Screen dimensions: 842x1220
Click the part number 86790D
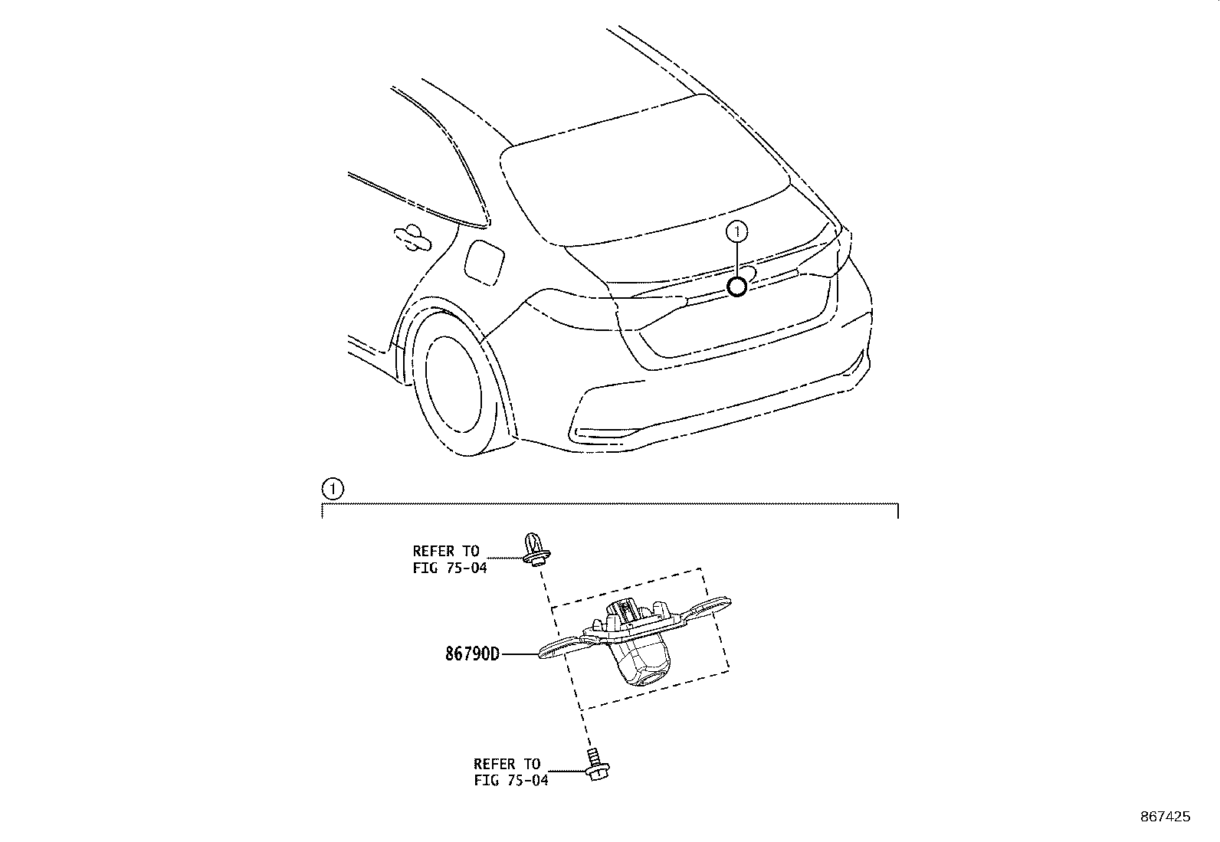(x=472, y=654)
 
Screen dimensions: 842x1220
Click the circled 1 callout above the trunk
(x=737, y=230)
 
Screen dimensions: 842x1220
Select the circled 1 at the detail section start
(x=332, y=488)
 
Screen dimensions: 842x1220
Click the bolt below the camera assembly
(x=595, y=766)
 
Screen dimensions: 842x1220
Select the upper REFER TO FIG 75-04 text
(x=448, y=559)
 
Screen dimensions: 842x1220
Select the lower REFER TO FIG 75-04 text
(x=510, y=772)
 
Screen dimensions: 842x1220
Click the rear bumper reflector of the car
(x=605, y=434)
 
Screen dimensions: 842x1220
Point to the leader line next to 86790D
(x=521, y=654)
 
